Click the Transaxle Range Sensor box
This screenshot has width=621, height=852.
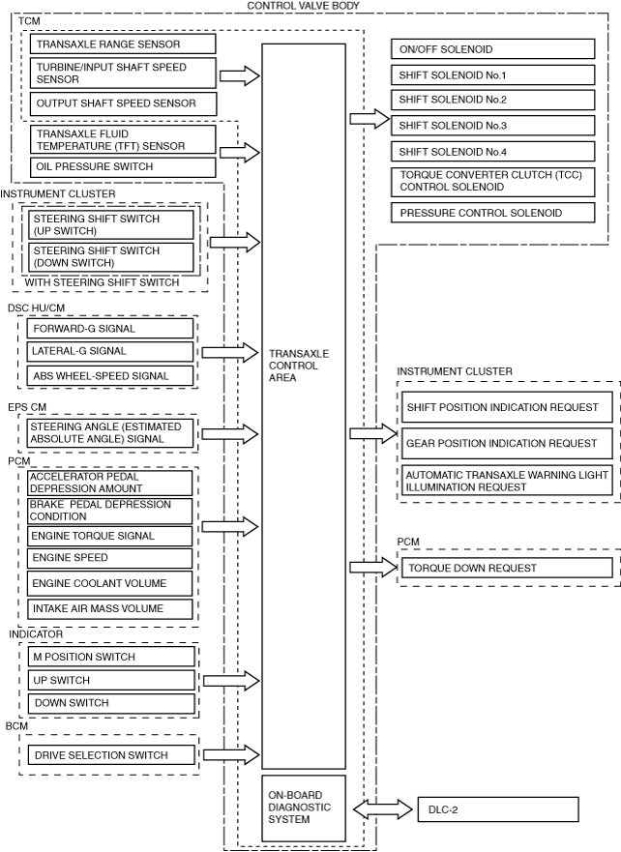[123, 44]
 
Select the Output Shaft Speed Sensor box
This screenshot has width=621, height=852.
[123, 103]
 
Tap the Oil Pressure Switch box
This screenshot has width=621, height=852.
[123, 166]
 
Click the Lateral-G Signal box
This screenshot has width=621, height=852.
[109, 351]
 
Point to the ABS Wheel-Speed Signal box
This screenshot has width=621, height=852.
[109, 376]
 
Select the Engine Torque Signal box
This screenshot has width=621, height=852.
[109, 536]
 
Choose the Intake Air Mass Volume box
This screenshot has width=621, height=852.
[109, 608]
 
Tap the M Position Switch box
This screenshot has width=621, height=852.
[109, 657]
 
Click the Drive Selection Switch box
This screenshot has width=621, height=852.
[109, 755]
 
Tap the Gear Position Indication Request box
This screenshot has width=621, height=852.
[508, 443]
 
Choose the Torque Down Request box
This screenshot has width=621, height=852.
[508, 568]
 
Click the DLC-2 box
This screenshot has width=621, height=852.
[497, 808]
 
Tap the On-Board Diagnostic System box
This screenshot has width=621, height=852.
[304, 807]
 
